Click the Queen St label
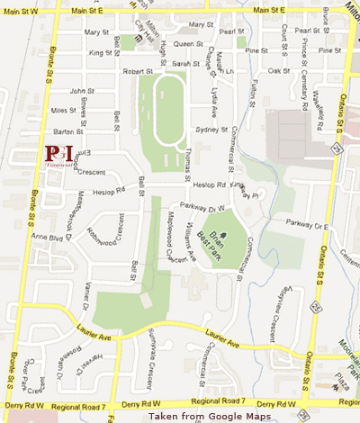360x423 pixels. (x=189, y=42)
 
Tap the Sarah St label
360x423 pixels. (x=185, y=64)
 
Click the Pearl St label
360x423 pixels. (x=232, y=31)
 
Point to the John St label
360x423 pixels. (x=83, y=91)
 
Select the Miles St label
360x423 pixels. (x=64, y=110)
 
